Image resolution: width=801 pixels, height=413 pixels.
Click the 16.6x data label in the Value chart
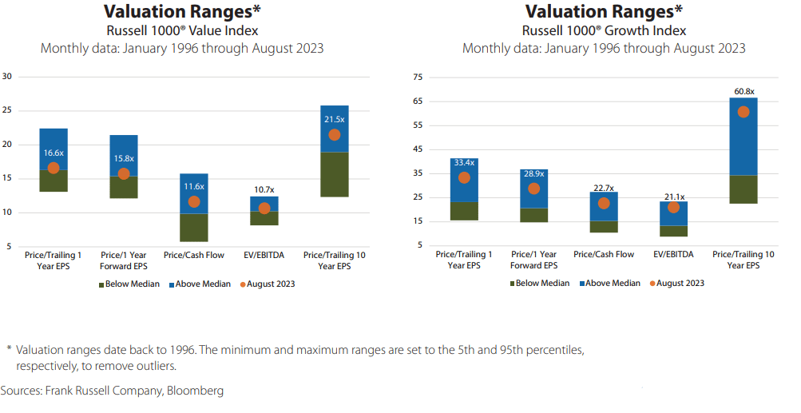point(54,153)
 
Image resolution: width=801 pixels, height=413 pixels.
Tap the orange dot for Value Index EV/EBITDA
point(264,208)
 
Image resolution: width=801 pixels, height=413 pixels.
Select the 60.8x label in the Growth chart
point(743,92)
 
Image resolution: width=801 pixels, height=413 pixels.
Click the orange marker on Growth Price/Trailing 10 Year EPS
point(744,112)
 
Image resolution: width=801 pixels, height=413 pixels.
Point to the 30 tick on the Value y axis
point(8,77)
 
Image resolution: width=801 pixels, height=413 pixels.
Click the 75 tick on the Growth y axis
point(417,77)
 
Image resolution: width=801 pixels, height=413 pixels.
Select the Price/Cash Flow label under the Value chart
point(193,255)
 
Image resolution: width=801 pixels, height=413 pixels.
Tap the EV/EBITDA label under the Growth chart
point(674,254)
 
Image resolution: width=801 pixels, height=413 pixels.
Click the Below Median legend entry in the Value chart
point(129,284)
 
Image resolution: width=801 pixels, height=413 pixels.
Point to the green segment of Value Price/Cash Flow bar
point(194,227)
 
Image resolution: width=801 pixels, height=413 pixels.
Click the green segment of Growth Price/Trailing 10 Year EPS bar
point(744,189)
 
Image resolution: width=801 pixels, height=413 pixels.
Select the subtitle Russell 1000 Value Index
point(182,31)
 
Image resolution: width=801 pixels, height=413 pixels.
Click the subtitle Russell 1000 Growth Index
point(604,31)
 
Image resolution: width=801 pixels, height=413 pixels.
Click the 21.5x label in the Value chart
point(335,119)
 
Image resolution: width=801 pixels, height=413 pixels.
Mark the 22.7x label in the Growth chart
point(604,188)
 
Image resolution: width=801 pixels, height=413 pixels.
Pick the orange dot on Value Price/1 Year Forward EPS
point(124,174)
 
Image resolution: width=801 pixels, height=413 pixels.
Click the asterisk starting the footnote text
point(9,349)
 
